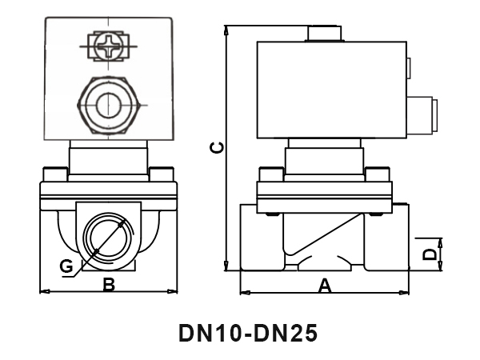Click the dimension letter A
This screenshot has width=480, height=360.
coord(325,284)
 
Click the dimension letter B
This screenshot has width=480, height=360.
coord(109,283)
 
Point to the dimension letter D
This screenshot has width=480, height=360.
coord(430,254)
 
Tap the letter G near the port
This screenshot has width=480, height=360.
coord(67,266)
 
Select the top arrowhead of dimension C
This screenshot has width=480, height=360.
coord(228,30)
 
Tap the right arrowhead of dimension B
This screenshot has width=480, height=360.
coord(173,290)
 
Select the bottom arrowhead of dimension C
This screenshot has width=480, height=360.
coord(228,268)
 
